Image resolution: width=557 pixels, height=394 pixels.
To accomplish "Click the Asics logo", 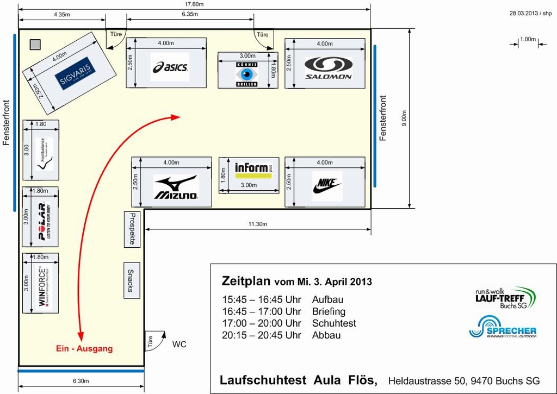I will tap(170, 67).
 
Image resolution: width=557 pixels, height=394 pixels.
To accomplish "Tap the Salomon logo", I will tap(328, 68).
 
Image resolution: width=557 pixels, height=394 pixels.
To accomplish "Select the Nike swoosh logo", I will tap(327, 186).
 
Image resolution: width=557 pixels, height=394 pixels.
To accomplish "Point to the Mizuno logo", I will tap(176, 187).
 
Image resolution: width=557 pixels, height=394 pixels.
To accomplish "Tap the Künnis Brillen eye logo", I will tap(247, 74).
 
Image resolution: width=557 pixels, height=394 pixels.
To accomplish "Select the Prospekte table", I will tap(132, 229).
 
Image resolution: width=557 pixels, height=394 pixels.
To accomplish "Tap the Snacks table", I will tap(131, 280).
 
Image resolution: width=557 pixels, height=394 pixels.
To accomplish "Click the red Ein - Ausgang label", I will tap(84, 348).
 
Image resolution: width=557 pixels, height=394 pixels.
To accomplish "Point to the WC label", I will tap(179, 344).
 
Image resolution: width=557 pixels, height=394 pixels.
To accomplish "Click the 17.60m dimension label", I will tap(194, 4).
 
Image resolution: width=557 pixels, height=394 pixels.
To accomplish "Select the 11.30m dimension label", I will tap(257, 224).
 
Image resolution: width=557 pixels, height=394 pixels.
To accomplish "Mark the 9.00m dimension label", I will tap(404, 118).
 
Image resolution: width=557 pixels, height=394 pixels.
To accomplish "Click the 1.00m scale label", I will tap(528, 39).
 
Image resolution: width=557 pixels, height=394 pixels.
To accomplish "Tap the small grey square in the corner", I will tap(35, 45).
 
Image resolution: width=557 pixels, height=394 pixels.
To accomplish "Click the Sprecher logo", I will tap(503, 328).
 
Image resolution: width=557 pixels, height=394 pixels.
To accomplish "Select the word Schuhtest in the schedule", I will tap(334, 323).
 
